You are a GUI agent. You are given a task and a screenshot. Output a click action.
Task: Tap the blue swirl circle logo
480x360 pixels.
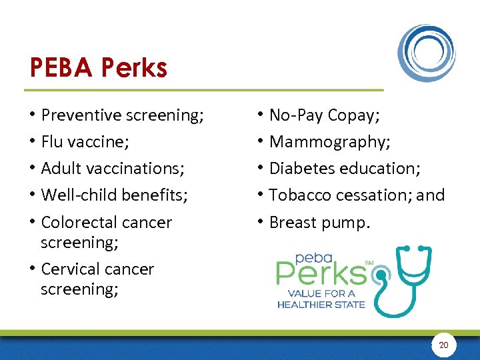coord(427,53)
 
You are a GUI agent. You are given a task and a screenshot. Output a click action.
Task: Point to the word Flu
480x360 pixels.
coord(53,142)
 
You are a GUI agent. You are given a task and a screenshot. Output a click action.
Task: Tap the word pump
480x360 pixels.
coord(348,222)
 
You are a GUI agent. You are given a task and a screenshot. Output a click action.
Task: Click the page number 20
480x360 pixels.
coord(443,345)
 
